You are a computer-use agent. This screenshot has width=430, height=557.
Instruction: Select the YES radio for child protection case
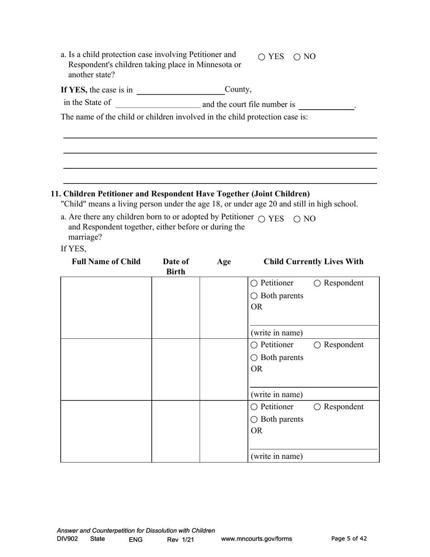click(262, 57)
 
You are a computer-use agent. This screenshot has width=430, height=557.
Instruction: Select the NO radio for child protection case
click(297, 57)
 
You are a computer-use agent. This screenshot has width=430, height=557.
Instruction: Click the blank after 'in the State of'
click(158, 104)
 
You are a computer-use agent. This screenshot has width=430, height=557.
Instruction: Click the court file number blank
click(326, 105)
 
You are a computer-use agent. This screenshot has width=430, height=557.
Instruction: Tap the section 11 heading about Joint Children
click(180, 194)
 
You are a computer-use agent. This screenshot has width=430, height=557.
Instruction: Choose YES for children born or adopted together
click(262, 219)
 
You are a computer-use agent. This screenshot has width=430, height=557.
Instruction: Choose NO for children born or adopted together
click(297, 219)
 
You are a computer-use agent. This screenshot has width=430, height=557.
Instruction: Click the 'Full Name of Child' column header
click(106, 262)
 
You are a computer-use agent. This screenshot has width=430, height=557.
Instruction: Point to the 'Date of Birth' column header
click(176, 266)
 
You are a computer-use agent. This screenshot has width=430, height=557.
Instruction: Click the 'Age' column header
click(224, 262)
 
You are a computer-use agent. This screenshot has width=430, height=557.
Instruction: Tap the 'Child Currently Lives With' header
click(313, 262)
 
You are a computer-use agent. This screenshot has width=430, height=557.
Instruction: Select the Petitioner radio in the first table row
click(254, 283)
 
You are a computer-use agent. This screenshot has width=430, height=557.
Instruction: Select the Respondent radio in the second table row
click(317, 345)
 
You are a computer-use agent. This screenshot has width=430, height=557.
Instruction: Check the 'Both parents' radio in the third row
click(254, 420)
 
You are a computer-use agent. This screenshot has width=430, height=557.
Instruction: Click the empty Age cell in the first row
click(224, 307)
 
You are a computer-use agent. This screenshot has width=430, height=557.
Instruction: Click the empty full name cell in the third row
click(106, 431)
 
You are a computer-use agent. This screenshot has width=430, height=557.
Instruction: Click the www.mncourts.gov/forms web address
click(256, 539)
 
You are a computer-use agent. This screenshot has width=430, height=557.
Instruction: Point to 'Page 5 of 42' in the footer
click(349, 538)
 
